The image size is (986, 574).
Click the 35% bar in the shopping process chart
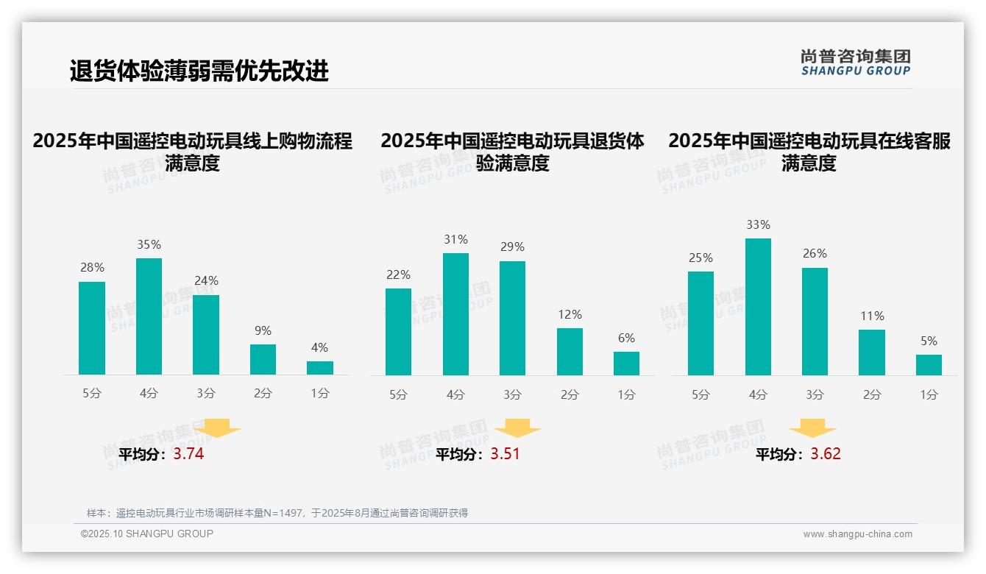click(x=149, y=316)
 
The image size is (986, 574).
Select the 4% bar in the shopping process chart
click(x=319, y=368)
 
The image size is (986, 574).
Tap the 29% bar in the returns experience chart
click(x=512, y=318)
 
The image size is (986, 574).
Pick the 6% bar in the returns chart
click(x=626, y=364)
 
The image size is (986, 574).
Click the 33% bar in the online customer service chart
click(x=758, y=307)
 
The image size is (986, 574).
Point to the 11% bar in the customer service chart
click(x=872, y=352)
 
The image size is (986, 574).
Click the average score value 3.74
click(x=188, y=454)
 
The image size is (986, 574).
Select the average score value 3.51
click(x=505, y=454)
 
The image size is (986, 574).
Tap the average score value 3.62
click(x=826, y=454)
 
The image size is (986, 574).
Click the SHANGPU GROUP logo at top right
click(x=856, y=63)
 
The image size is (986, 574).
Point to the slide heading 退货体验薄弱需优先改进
click(x=199, y=71)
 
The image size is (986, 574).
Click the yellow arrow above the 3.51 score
click(x=517, y=428)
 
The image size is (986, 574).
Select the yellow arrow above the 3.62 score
click(x=812, y=428)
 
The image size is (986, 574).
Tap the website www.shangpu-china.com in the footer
click(x=857, y=534)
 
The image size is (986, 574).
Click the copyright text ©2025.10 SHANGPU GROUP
click(x=147, y=534)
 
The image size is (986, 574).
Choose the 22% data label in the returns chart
click(x=398, y=275)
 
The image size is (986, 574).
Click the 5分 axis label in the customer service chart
click(x=701, y=395)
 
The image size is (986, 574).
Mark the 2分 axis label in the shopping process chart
click(x=263, y=394)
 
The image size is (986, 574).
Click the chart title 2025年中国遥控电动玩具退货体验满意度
click(x=512, y=152)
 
